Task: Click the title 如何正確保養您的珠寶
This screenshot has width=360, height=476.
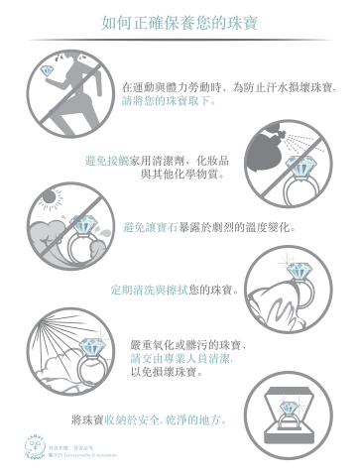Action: point(180,21)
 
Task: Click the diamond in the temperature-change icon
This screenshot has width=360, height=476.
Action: point(83,225)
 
